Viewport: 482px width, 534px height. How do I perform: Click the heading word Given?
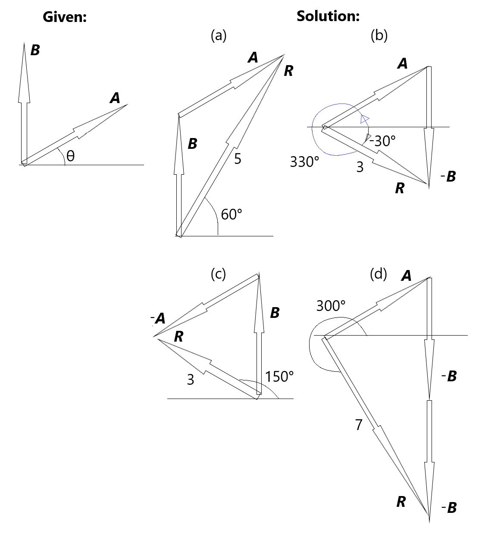65,17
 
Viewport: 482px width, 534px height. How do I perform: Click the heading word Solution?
328,16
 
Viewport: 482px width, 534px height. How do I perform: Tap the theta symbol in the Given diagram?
70,156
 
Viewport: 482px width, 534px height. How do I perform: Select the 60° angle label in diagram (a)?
232,214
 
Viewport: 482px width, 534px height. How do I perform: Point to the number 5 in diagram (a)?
238,159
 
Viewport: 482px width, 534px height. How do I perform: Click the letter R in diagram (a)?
288,71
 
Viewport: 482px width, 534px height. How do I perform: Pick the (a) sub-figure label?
218,35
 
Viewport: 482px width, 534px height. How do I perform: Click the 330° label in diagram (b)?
304,162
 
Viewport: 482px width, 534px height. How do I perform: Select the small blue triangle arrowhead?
365,119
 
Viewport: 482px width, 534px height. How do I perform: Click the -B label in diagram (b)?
448,176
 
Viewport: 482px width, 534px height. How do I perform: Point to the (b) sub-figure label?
379,35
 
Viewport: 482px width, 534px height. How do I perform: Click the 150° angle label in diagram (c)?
279,377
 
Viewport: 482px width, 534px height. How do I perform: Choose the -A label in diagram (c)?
158,319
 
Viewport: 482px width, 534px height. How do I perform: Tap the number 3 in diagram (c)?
191,380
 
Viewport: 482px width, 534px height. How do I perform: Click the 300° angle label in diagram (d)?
331,306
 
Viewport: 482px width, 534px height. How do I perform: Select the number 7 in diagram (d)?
359,425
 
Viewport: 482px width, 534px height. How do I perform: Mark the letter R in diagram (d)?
401,502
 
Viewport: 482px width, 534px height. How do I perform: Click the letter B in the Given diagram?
35,50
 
